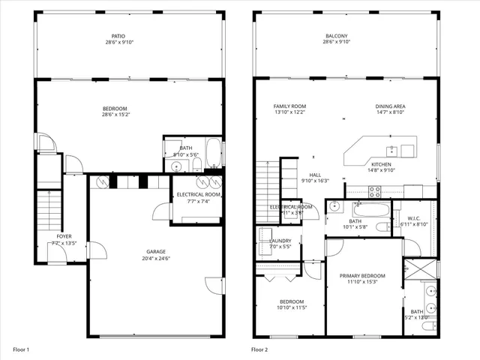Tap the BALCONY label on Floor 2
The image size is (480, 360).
tap(336, 36)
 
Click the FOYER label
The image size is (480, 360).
tap(64, 236)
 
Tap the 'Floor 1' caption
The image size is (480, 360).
tap(20, 349)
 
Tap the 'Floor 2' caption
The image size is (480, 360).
tap(259, 349)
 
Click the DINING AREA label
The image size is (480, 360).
tap(390, 106)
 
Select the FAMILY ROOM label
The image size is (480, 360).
tap(289, 106)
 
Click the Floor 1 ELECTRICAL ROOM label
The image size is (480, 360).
tap(197, 194)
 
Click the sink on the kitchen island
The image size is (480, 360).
tap(391, 148)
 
